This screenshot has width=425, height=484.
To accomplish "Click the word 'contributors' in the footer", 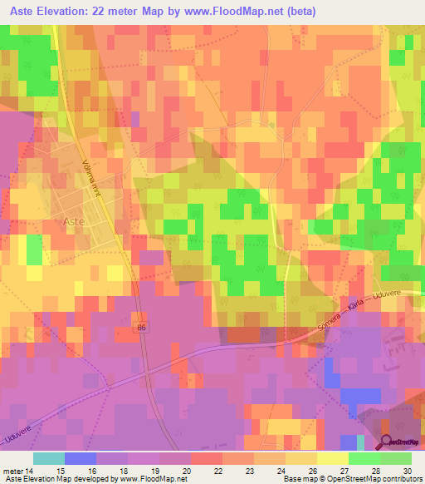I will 404,479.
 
